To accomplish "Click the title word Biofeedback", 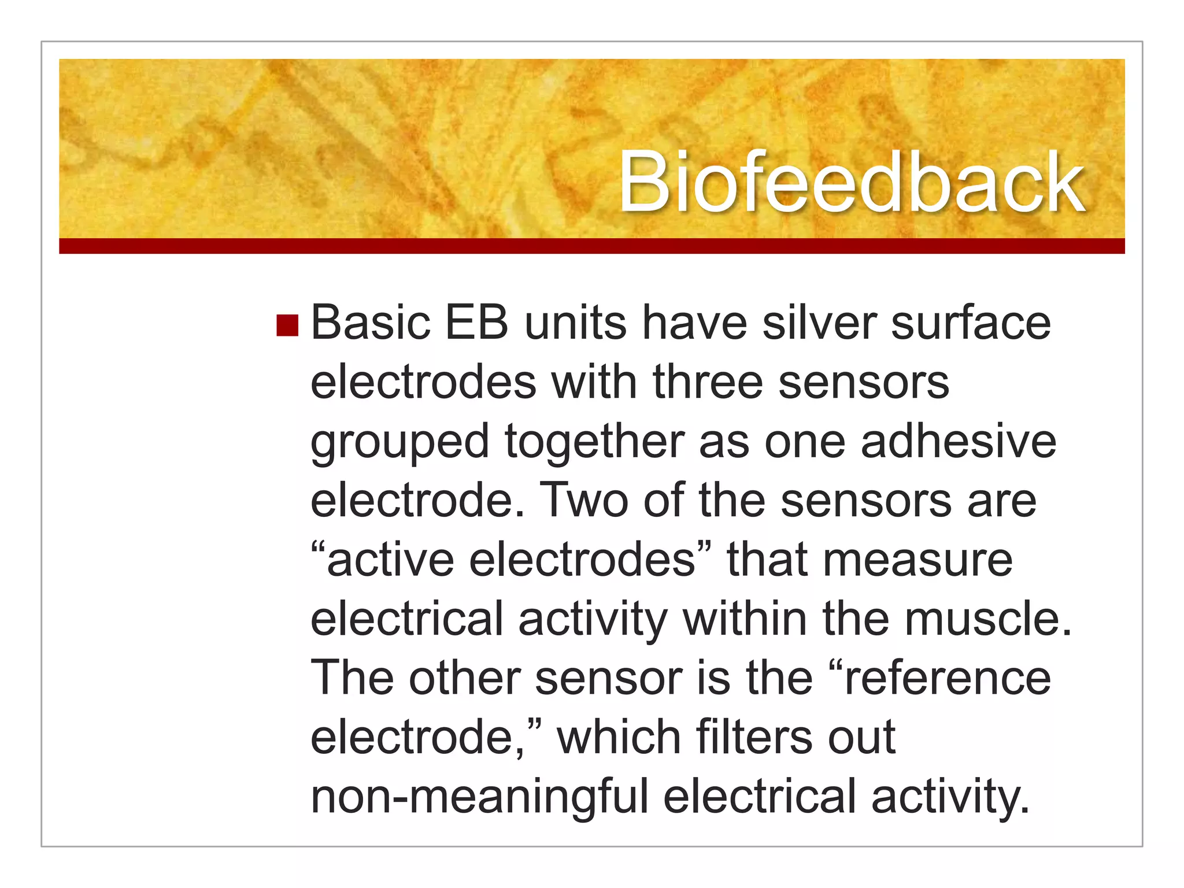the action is click(x=851, y=182).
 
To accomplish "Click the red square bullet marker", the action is click(x=287, y=325).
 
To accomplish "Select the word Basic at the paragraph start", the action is click(x=371, y=323).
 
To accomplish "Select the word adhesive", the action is click(x=959, y=441).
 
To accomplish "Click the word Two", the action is click(x=583, y=500).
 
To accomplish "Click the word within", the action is click(x=745, y=619).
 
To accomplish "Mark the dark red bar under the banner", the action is click(x=591, y=246).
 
